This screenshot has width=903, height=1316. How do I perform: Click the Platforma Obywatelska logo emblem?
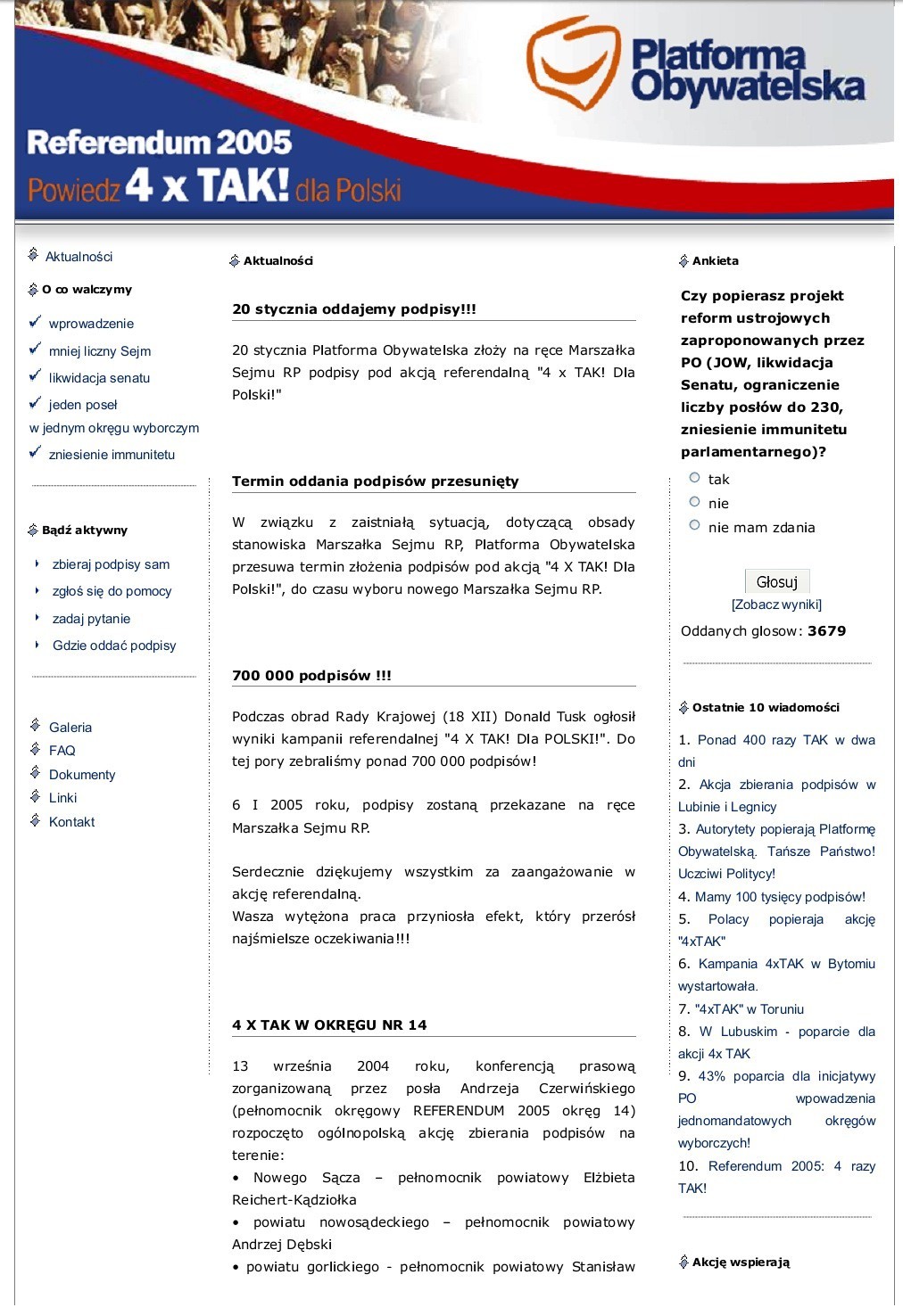coord(573,64)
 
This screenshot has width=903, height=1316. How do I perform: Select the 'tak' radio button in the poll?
coord(695,478)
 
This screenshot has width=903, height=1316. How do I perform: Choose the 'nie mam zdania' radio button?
coord(695,526)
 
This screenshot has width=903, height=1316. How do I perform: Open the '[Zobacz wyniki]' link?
coord(776,605)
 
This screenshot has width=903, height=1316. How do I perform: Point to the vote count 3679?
coord(826,631)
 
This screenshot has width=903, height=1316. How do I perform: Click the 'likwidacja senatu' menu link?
coord(99,378)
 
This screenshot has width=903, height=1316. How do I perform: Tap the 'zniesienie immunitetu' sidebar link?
coord(112,455)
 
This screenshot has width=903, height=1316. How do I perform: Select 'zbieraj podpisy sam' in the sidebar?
coord(111,564)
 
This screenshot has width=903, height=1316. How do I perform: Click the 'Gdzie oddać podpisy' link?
coord(114,646)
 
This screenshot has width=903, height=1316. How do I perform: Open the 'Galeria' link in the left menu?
coord(70,728)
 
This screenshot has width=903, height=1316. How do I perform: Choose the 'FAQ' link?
coord(62,751)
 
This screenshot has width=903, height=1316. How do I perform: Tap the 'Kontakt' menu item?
coord(71,822)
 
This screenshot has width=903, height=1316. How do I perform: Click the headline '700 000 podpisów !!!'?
coord(311,676)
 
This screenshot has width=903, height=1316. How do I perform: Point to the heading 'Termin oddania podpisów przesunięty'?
coord(375,481)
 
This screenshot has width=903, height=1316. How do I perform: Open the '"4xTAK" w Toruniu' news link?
coord(750,1009)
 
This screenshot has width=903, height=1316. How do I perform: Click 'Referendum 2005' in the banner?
coord(160,143)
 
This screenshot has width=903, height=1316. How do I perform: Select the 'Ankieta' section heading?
coord(715,261)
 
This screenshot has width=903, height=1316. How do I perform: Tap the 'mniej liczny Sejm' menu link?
coord(100,351)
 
